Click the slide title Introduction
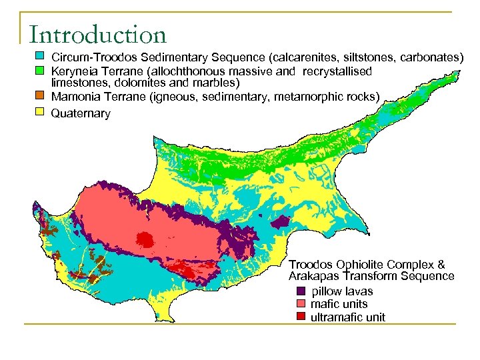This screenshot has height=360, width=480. tap(97, 35)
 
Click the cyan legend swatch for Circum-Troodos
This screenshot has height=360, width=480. tap(39, 55)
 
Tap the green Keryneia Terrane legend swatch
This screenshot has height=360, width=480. tap(39, 69)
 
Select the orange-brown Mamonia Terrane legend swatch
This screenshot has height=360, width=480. tap(39, 96)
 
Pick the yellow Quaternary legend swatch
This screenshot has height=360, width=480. tap(39, 112)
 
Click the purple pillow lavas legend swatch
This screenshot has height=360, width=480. tap(301, 291)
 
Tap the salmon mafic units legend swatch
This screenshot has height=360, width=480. tap(301, 304)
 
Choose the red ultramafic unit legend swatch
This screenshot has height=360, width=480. tap(301, 317)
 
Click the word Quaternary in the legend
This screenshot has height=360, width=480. tap(81, 114)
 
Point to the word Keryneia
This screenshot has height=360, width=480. tap(75, 71)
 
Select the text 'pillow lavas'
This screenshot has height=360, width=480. tap(342, 291)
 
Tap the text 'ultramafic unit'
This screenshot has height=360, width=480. tap(347, 317)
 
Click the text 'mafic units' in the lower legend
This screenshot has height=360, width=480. tap(339, 304)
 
